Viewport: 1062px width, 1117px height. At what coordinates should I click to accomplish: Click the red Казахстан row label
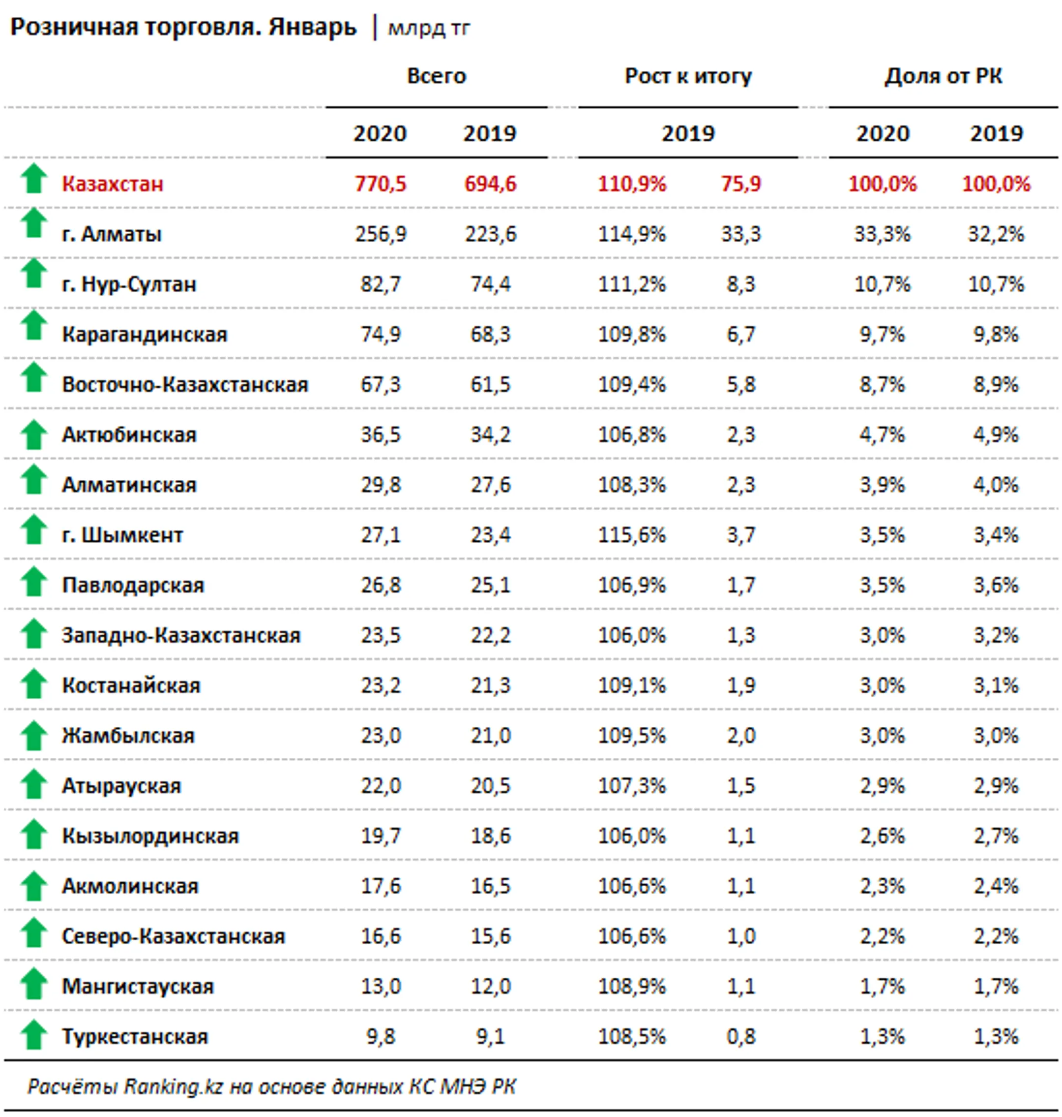(113, 184)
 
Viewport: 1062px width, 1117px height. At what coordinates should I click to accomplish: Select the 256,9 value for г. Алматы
(381, 234)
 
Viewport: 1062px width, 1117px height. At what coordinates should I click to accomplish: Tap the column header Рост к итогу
(688, 76)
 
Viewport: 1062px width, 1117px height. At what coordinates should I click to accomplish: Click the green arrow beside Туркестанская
(34, 1034)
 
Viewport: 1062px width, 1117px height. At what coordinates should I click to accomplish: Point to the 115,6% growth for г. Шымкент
(632, 535)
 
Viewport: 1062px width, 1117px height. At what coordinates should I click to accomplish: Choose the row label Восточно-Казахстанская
(185, 385)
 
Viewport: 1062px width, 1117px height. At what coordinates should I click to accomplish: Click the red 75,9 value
(741, 184)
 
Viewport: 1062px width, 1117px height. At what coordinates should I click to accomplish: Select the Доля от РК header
(943, 76)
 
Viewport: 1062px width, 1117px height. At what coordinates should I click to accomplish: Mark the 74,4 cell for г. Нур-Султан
(490, 284)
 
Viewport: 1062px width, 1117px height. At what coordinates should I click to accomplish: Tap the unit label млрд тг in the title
(429, 29)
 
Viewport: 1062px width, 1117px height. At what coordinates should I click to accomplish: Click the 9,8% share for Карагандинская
(996, 334)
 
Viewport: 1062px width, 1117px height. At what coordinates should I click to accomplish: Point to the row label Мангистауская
(138, 986)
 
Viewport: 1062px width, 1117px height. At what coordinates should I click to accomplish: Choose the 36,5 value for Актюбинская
(381, 434)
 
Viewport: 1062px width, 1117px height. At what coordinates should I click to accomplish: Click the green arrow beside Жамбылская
(34, 735)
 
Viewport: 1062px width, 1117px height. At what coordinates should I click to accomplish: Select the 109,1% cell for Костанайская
(632, 685)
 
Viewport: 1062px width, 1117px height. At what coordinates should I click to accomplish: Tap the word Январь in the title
(313, 27)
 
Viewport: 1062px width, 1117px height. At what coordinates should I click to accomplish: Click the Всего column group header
(437, 76)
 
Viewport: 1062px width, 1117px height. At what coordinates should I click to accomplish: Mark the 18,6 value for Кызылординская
(490, 836)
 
